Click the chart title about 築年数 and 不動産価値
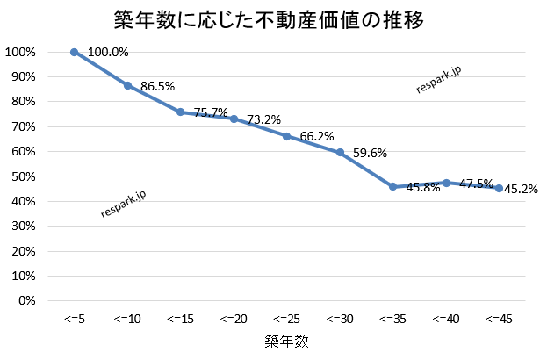click(270, 20)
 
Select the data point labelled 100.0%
click(75, 52)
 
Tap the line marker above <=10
click(127, 85)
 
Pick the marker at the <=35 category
click(392, 186)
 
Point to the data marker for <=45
click(499, 188)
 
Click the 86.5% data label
click(158, 86)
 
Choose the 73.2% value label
click(263, 119)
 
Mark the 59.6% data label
click(371, 153)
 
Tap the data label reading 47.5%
click(478, 184)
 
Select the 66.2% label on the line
click(318, 137)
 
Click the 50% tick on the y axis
click(20, 176)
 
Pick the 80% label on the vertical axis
click(20, 102)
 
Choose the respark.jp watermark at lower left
click(124, 203)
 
